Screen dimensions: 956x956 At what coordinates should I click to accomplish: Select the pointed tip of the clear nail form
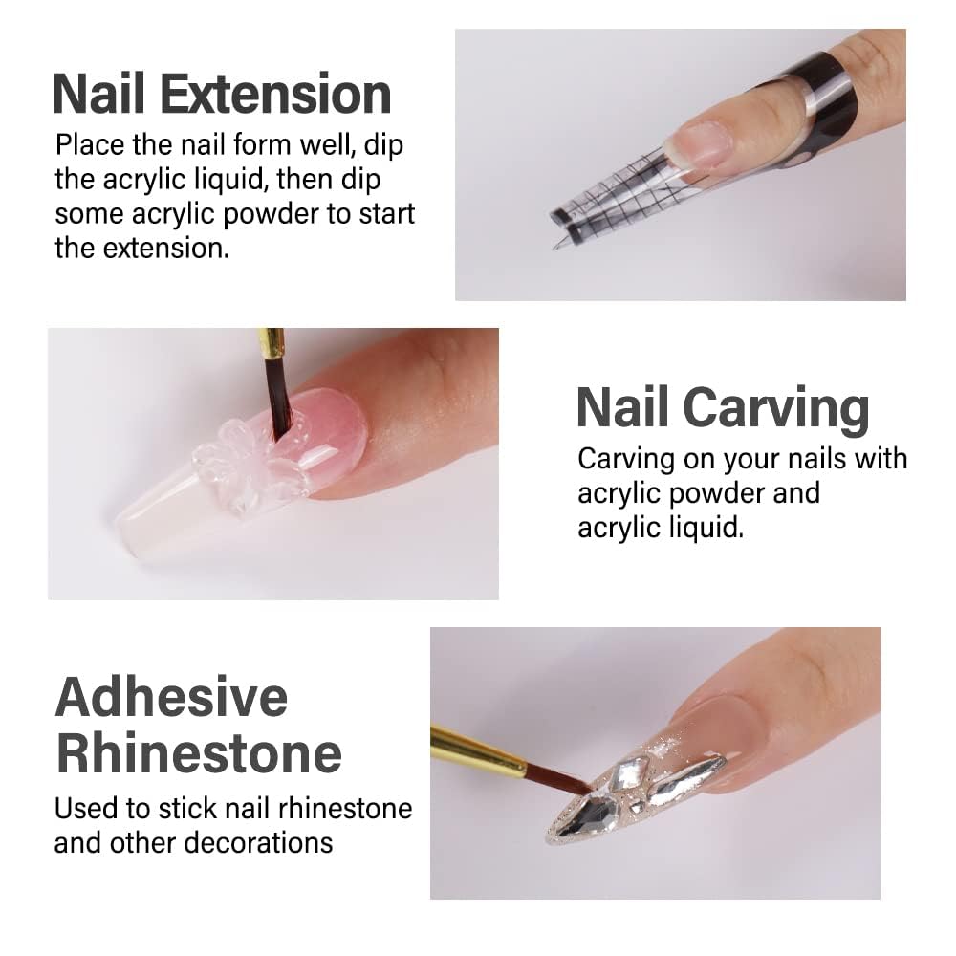coord(556,246)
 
